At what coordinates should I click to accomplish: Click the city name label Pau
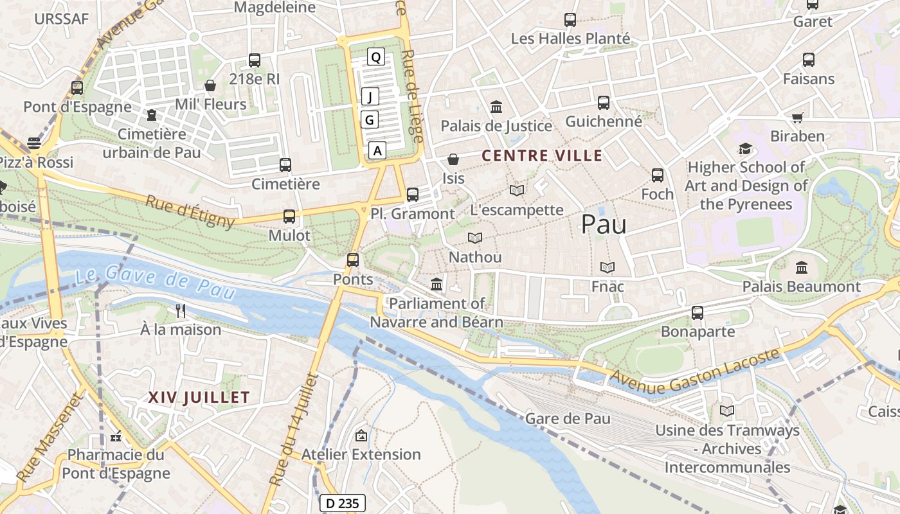coord(604,224)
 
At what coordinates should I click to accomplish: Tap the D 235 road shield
coord(342,503)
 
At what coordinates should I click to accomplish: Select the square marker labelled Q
coord(376,57)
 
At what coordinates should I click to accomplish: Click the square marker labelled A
coord(377,150)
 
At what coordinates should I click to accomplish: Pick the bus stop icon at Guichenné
coord(603,102)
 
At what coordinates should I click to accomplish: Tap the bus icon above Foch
coord(657,175)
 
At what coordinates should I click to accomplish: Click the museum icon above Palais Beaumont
coord(801,267)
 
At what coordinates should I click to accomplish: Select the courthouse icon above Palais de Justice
coord(496,107)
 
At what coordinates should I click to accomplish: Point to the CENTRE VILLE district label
coord(542,155)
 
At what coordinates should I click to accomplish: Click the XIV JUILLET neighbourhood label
coord(199,397)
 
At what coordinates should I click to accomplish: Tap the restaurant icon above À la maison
coord(181,311)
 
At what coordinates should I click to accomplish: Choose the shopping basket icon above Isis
coord(453,159)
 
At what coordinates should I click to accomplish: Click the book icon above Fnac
coord(607,267)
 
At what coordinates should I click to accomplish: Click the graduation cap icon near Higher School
coord(745,148)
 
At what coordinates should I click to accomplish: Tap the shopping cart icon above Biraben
coord(797,118)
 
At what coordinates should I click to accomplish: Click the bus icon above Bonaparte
coord(697,313)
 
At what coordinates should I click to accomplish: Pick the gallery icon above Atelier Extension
coord(361,436)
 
